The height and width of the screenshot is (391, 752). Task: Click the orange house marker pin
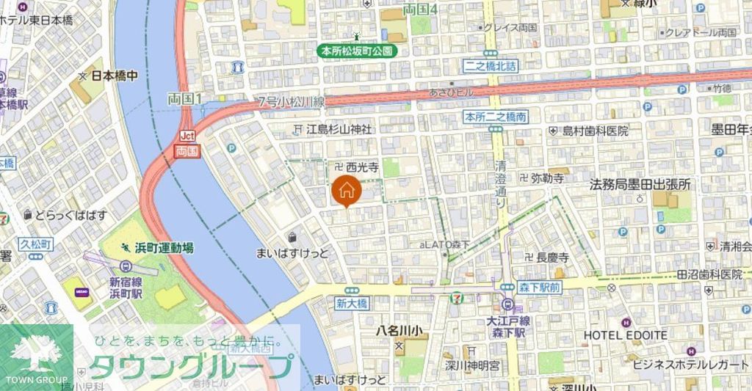click(x=347, y=190)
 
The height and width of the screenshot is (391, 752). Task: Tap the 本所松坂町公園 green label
click(x=356, y=51)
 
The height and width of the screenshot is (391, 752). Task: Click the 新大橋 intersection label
click(x=351, y=302)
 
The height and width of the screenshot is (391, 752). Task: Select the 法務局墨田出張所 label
click(x=640, y=185)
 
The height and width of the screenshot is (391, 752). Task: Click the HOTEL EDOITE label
click(x=625, y=335)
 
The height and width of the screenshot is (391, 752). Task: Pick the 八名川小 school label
click(x=399, y=329)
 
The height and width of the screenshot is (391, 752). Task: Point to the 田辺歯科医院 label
click(x=709, y=274)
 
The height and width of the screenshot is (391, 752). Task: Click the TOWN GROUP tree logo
click(x=36, y=355)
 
